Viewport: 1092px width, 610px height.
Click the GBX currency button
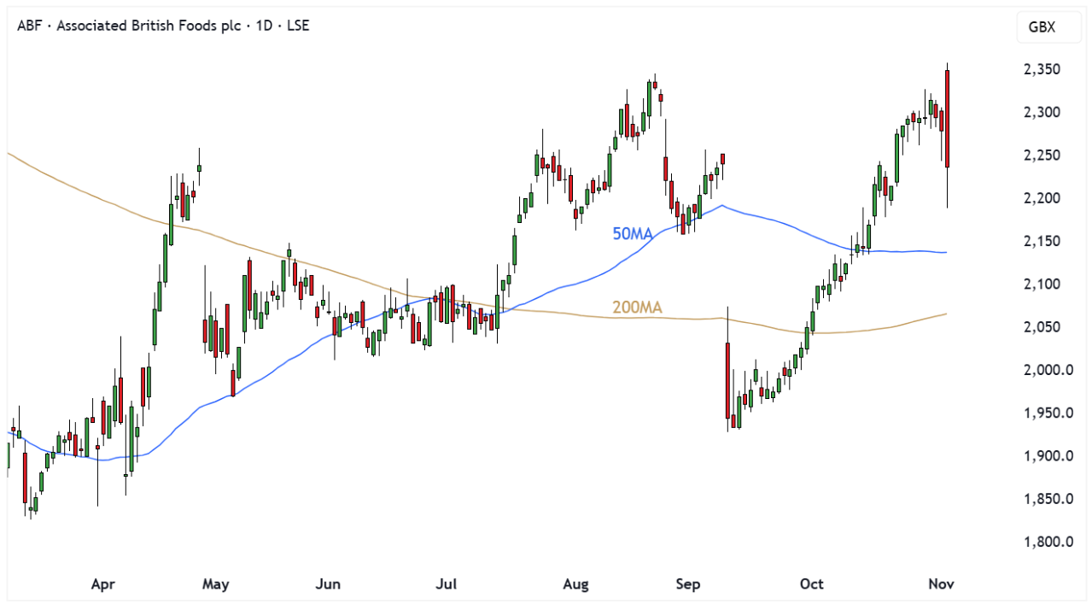pos(1041,27)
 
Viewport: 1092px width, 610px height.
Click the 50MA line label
pos(633,233)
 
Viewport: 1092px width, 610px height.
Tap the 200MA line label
pos(638,308)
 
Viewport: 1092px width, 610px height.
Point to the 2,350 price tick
pos(1042,69)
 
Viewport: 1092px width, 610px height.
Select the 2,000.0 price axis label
pos(1047,370)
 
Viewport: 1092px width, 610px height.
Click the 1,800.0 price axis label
pos(1047,542)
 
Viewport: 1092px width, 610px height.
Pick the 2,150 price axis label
pos(1042,242)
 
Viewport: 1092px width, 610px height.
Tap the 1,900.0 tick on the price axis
pos(1047,456)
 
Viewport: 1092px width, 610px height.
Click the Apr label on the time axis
pos(102,584)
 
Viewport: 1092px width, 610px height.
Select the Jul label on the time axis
pos(446,584)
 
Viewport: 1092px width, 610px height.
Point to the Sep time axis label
pos(687,584)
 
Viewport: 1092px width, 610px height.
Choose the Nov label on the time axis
pos(941,584)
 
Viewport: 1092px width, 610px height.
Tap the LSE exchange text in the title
pos(296,26)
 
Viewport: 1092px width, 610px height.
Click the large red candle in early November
pos(948,119)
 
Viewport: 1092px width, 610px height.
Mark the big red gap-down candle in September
pos(728,379)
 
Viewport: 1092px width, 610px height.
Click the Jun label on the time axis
pos(328,584)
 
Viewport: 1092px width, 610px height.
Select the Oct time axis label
pos(812,584)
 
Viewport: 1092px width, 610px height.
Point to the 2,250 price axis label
pos(1042,155)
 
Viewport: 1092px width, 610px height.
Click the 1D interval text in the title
pos(265,26)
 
